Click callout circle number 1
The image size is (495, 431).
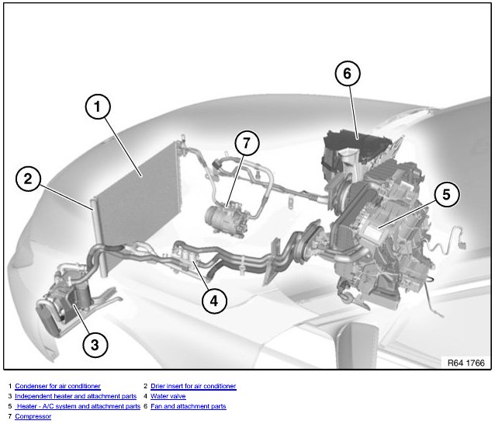coord(98,106)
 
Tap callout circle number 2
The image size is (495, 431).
coord(28,179)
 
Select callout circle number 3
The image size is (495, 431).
coord(95,345)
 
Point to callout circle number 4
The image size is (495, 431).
coord(214,301)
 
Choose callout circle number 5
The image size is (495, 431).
coord(447,194)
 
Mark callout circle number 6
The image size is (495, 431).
coord(348,73)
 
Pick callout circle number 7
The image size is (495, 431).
coord(247,143)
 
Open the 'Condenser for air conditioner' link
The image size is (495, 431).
coord(57,386)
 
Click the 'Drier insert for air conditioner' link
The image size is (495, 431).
coord(193,386)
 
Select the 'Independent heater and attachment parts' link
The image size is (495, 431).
coord(76,396)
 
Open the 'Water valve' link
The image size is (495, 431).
coord(168,396)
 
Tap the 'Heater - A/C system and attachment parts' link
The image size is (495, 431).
coord(78,406)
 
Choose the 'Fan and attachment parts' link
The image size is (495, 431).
coord(189,406)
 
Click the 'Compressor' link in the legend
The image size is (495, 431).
coord(33,416)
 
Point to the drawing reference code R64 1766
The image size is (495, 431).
coord(466,363)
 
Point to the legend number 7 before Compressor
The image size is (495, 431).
coord(10,416)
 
